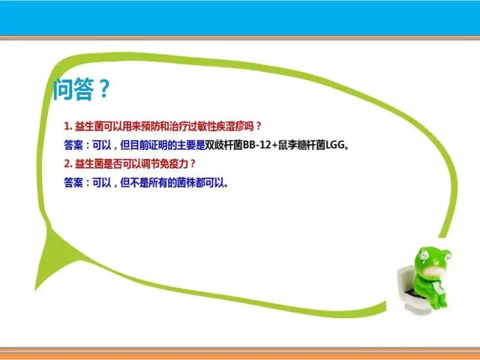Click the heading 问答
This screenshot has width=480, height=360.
pyautogui.click(x=73, y=89)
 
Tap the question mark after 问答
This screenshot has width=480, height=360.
pyautogui.click(x=103, y=88)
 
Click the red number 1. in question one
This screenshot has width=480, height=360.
pyautogui.click(x=68, y=126)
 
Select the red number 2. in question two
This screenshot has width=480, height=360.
pyautogui.click(x=68, y=163)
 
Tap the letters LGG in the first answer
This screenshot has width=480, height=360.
pyautogui.click(x=335, y=145)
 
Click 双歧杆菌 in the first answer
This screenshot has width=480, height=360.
pyautogui.click(x=223, y=145)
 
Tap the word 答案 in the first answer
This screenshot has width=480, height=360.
pyautogui.click(x=73, y=145)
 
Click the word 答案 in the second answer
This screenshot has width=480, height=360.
pyautogui.click(x=73, y=183)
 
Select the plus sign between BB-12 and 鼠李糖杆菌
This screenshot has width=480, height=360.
pyautogui.click(x=274, y=145)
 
